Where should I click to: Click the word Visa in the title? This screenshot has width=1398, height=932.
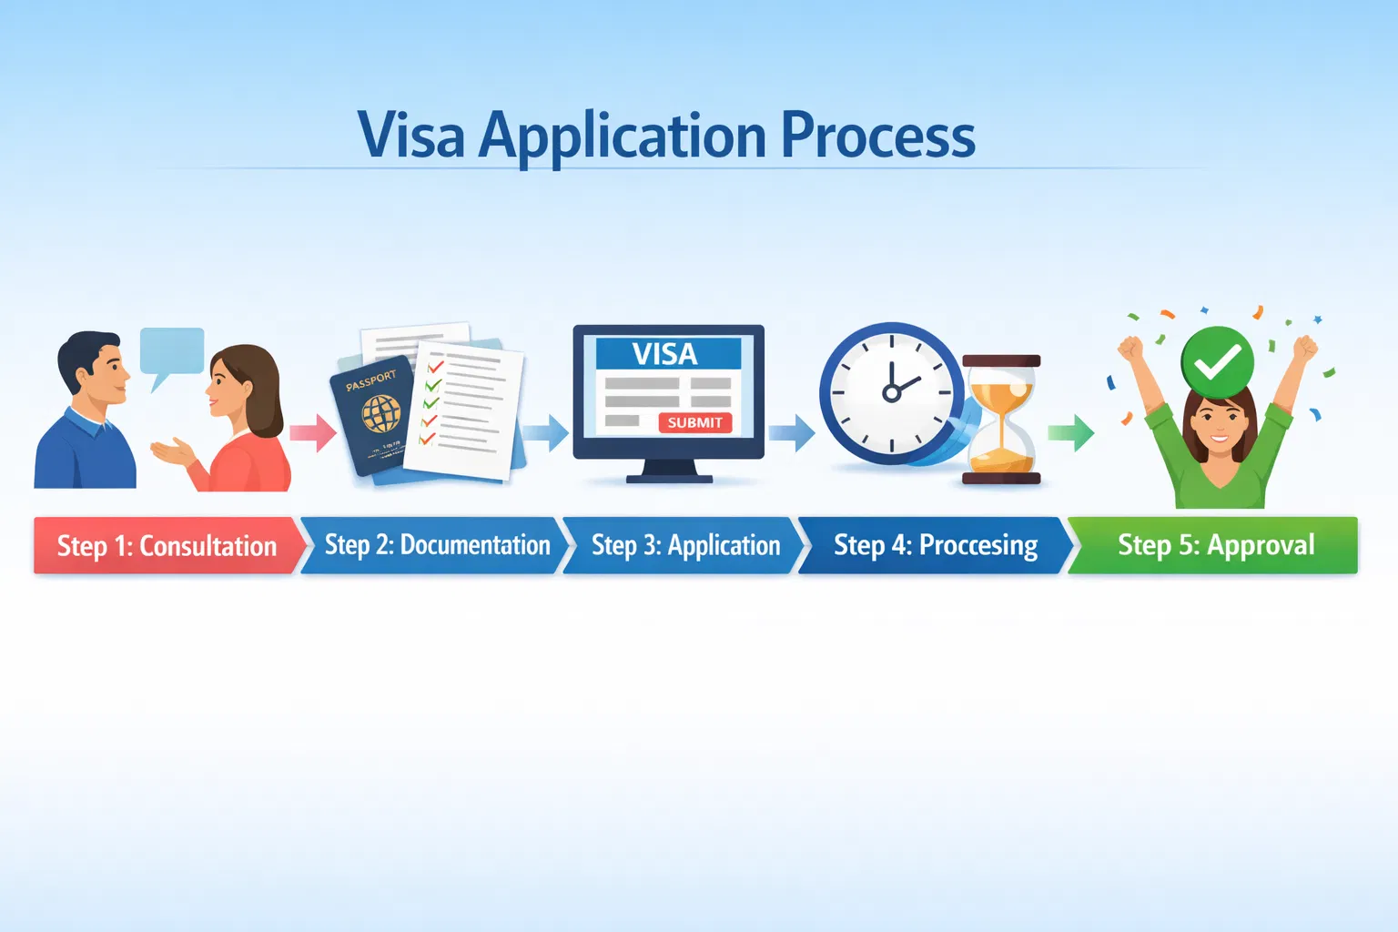click(x=411, y=135)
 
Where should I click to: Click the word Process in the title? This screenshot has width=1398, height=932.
click(x=878, y=135)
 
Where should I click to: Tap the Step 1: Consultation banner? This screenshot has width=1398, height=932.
click(x=167, y=545)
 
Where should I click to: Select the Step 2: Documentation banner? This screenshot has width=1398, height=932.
click(x=435, y=545)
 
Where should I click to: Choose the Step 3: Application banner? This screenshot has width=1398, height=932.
click(x=684, y=545)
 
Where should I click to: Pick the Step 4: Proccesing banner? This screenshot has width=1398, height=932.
click(x=935, y=545)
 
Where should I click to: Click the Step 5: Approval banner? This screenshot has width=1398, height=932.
click(x=1213, y=545)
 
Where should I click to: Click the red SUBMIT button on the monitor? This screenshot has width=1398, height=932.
click(x=694, y=422)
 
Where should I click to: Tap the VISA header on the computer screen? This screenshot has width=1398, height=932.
click(x=668, y=354)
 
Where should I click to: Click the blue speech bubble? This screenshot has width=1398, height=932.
click(x=171, y=353)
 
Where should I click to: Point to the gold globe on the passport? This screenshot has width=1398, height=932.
click(x=381, y=413)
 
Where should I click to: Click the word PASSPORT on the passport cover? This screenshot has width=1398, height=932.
click(x=370, y=380)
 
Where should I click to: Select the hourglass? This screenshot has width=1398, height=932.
click(x=1001, y=420)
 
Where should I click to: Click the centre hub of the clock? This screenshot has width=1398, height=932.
click(x=891, y=392)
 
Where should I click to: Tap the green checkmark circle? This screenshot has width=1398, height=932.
click(x=1217, y=362)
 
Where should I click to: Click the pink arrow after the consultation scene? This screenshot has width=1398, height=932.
click(x=313, y=432)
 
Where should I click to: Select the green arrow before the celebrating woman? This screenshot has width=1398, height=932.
click(x=1071, y=432)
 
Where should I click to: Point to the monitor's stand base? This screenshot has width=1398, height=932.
click(x=669, y=479)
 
